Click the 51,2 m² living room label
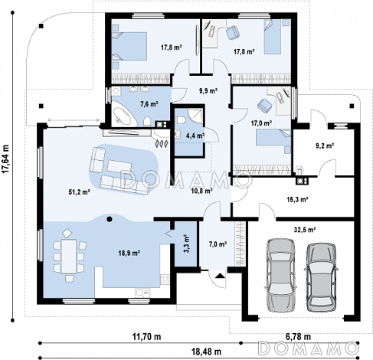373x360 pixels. pyautogui.click(x=79, y=191)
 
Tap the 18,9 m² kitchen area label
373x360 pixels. pyautogui.click(x=129, y=253)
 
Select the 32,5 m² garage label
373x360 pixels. pyautogui.click(x=305, y=230)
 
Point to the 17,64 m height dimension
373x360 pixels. pyautogui.click(x=5, y=159)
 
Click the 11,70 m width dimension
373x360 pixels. pyautogui.click(x=146, y=336)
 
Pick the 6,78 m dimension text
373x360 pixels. pyautogui.click(x=298, y=336)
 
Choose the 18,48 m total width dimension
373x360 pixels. pyautogui.click(x=206, y=352)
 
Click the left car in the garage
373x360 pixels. pyautogui.click(x=280, y=275)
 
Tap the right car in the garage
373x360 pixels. pyautogui.click(x=321, y=277)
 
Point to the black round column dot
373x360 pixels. pyautogui.click(x=110, y=219)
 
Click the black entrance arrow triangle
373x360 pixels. pyautogui.click(x=220, y=276)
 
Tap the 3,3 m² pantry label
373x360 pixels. pyautogui.click(x=187, y=244)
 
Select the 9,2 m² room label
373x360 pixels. pyautogui.click(x=325, y=146)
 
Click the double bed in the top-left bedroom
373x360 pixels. pyautogui.click(x=129, y=46)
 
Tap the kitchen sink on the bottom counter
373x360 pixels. pyautogui.click(x=142, y=293)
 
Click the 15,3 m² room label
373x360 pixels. pyautogui.click(x=297, y=199)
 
